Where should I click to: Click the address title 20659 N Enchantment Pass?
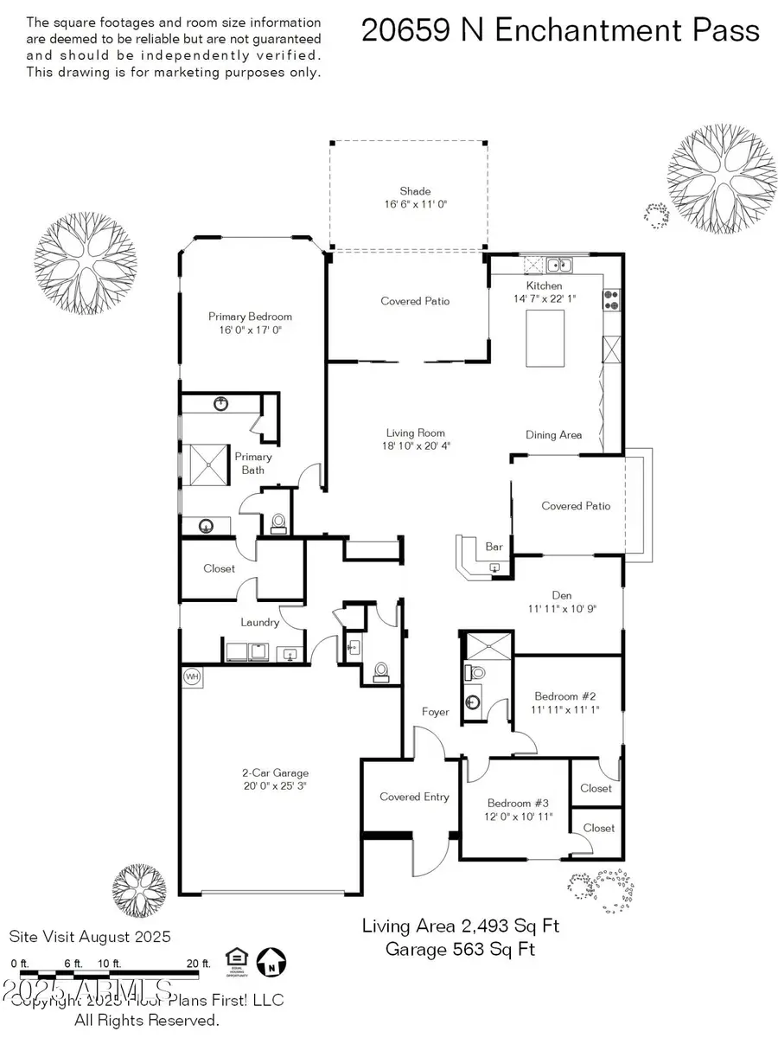pyautogui.click(x=560, y=31)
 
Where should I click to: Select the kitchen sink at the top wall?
pyautogui.click(x=558, y=264)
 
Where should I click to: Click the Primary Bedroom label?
pyautogui.click(x=250, y=317)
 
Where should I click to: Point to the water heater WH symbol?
pyautogui.click(x=191, y=675)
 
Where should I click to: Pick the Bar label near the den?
pyautogui.click(x=494, y=547)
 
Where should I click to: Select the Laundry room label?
pyautogui.click(x=260, y=622)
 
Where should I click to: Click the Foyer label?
pyautogui.click(x=436, y=712)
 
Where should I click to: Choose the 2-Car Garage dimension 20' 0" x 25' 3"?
pyautogui.click(x=275, y=787)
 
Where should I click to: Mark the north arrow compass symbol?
pyautogui.click(x=274, y=960)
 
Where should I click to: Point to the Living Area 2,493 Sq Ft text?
pyautogui.click(x=460, y=926)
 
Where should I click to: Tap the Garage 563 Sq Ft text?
pyautogui.click(x=460, y=949)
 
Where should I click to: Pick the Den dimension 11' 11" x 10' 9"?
pyautogui.click(x=562, y=608)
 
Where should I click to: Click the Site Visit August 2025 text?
pyautogui.click(x=90, y=936)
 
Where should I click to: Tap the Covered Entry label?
pyautogui.click(x=414, y=797)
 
